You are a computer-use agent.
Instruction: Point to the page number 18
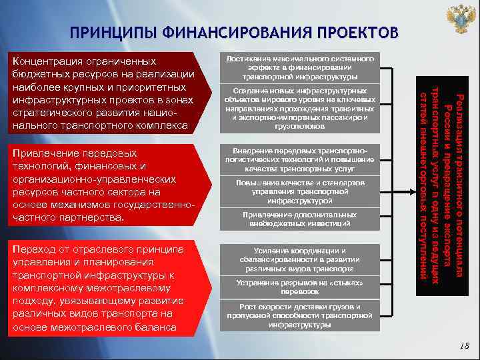(x=464, y=345)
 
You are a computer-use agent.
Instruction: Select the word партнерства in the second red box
(x=97, y=218)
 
